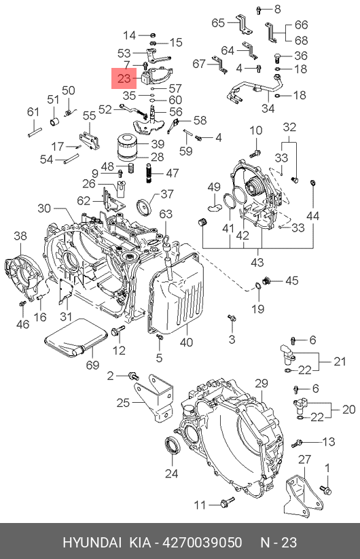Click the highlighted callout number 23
pos(124,78)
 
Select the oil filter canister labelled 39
pos(127,145)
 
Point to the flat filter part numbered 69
pos(76,337)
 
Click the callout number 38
pos(20,236)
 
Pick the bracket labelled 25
pos(154,397)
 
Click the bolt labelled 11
pos(227,503)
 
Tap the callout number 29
pos(262,383)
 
